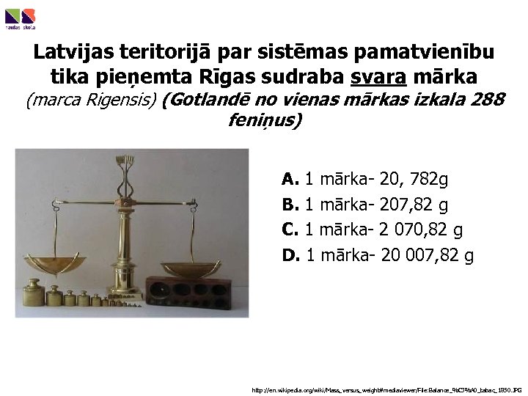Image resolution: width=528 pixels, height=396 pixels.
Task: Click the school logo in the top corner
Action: (x=20, y=18)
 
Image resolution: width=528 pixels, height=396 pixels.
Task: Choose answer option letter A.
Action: (x=290, y=178)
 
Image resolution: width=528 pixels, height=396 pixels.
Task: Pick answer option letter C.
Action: (x=290, y=230)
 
